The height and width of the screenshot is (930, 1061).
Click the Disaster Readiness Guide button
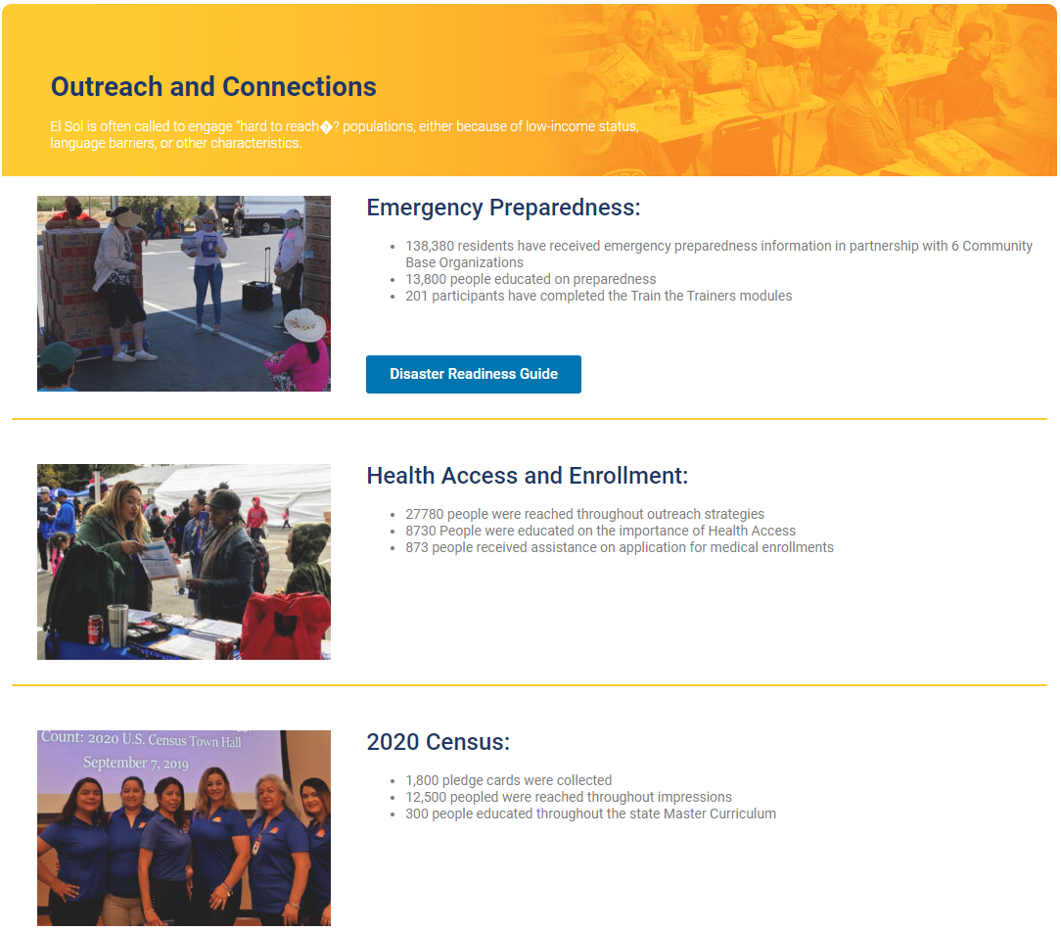(474, 374)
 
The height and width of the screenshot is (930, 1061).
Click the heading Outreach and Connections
(213, 87)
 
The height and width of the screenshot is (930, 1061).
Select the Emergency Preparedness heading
(503, 208)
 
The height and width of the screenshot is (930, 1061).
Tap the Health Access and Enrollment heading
(528, 476)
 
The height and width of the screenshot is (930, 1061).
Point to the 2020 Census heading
(438, 742)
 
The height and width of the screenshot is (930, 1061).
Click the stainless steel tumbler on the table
(117, 625)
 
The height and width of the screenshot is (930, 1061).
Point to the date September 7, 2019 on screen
(135, 763)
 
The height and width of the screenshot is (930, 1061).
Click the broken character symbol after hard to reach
(326, 126)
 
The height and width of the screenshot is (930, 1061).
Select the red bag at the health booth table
(286, 626)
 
